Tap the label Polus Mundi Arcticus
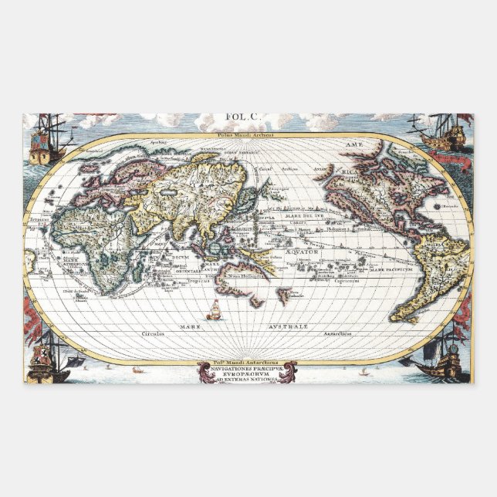pos(247,134)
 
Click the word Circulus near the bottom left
pos(154,333)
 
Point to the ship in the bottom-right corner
pos(440,358)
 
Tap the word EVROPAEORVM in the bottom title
pos(247,376)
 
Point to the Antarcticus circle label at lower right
pos(336,333)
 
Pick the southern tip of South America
pos(396,318)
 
